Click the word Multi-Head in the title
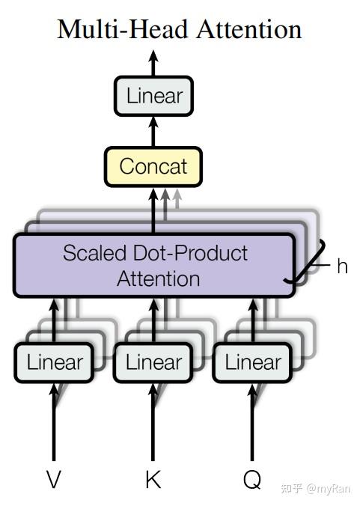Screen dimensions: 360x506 click(122, 29)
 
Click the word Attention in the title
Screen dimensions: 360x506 click(249, 29)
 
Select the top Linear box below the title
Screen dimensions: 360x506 click(154, 96)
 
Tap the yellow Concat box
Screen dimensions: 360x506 click(153, 167)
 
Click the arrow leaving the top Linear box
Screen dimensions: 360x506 click(153, 63)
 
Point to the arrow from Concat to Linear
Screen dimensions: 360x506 click(153, 132)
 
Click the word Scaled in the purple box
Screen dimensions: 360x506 click(94, 253)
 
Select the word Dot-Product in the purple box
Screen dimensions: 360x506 click(190, 253)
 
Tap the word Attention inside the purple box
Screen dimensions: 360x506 click(159, 278)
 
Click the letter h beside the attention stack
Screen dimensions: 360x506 click(342, 266)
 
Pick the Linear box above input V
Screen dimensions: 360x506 click(54, 363)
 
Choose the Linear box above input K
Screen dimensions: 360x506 click(153, 363)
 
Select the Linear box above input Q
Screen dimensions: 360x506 click(252, 363)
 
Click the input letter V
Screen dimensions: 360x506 click(54, 480)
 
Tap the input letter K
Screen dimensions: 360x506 click(153, 480)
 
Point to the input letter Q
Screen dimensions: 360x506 click(252, 481)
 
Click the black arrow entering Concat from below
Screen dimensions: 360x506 click(153, 210)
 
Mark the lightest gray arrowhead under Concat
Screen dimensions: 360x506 click(177, 195)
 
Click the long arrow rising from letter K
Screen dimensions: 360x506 click(153, 422)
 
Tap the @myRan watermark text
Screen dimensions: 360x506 click(328, 488)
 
